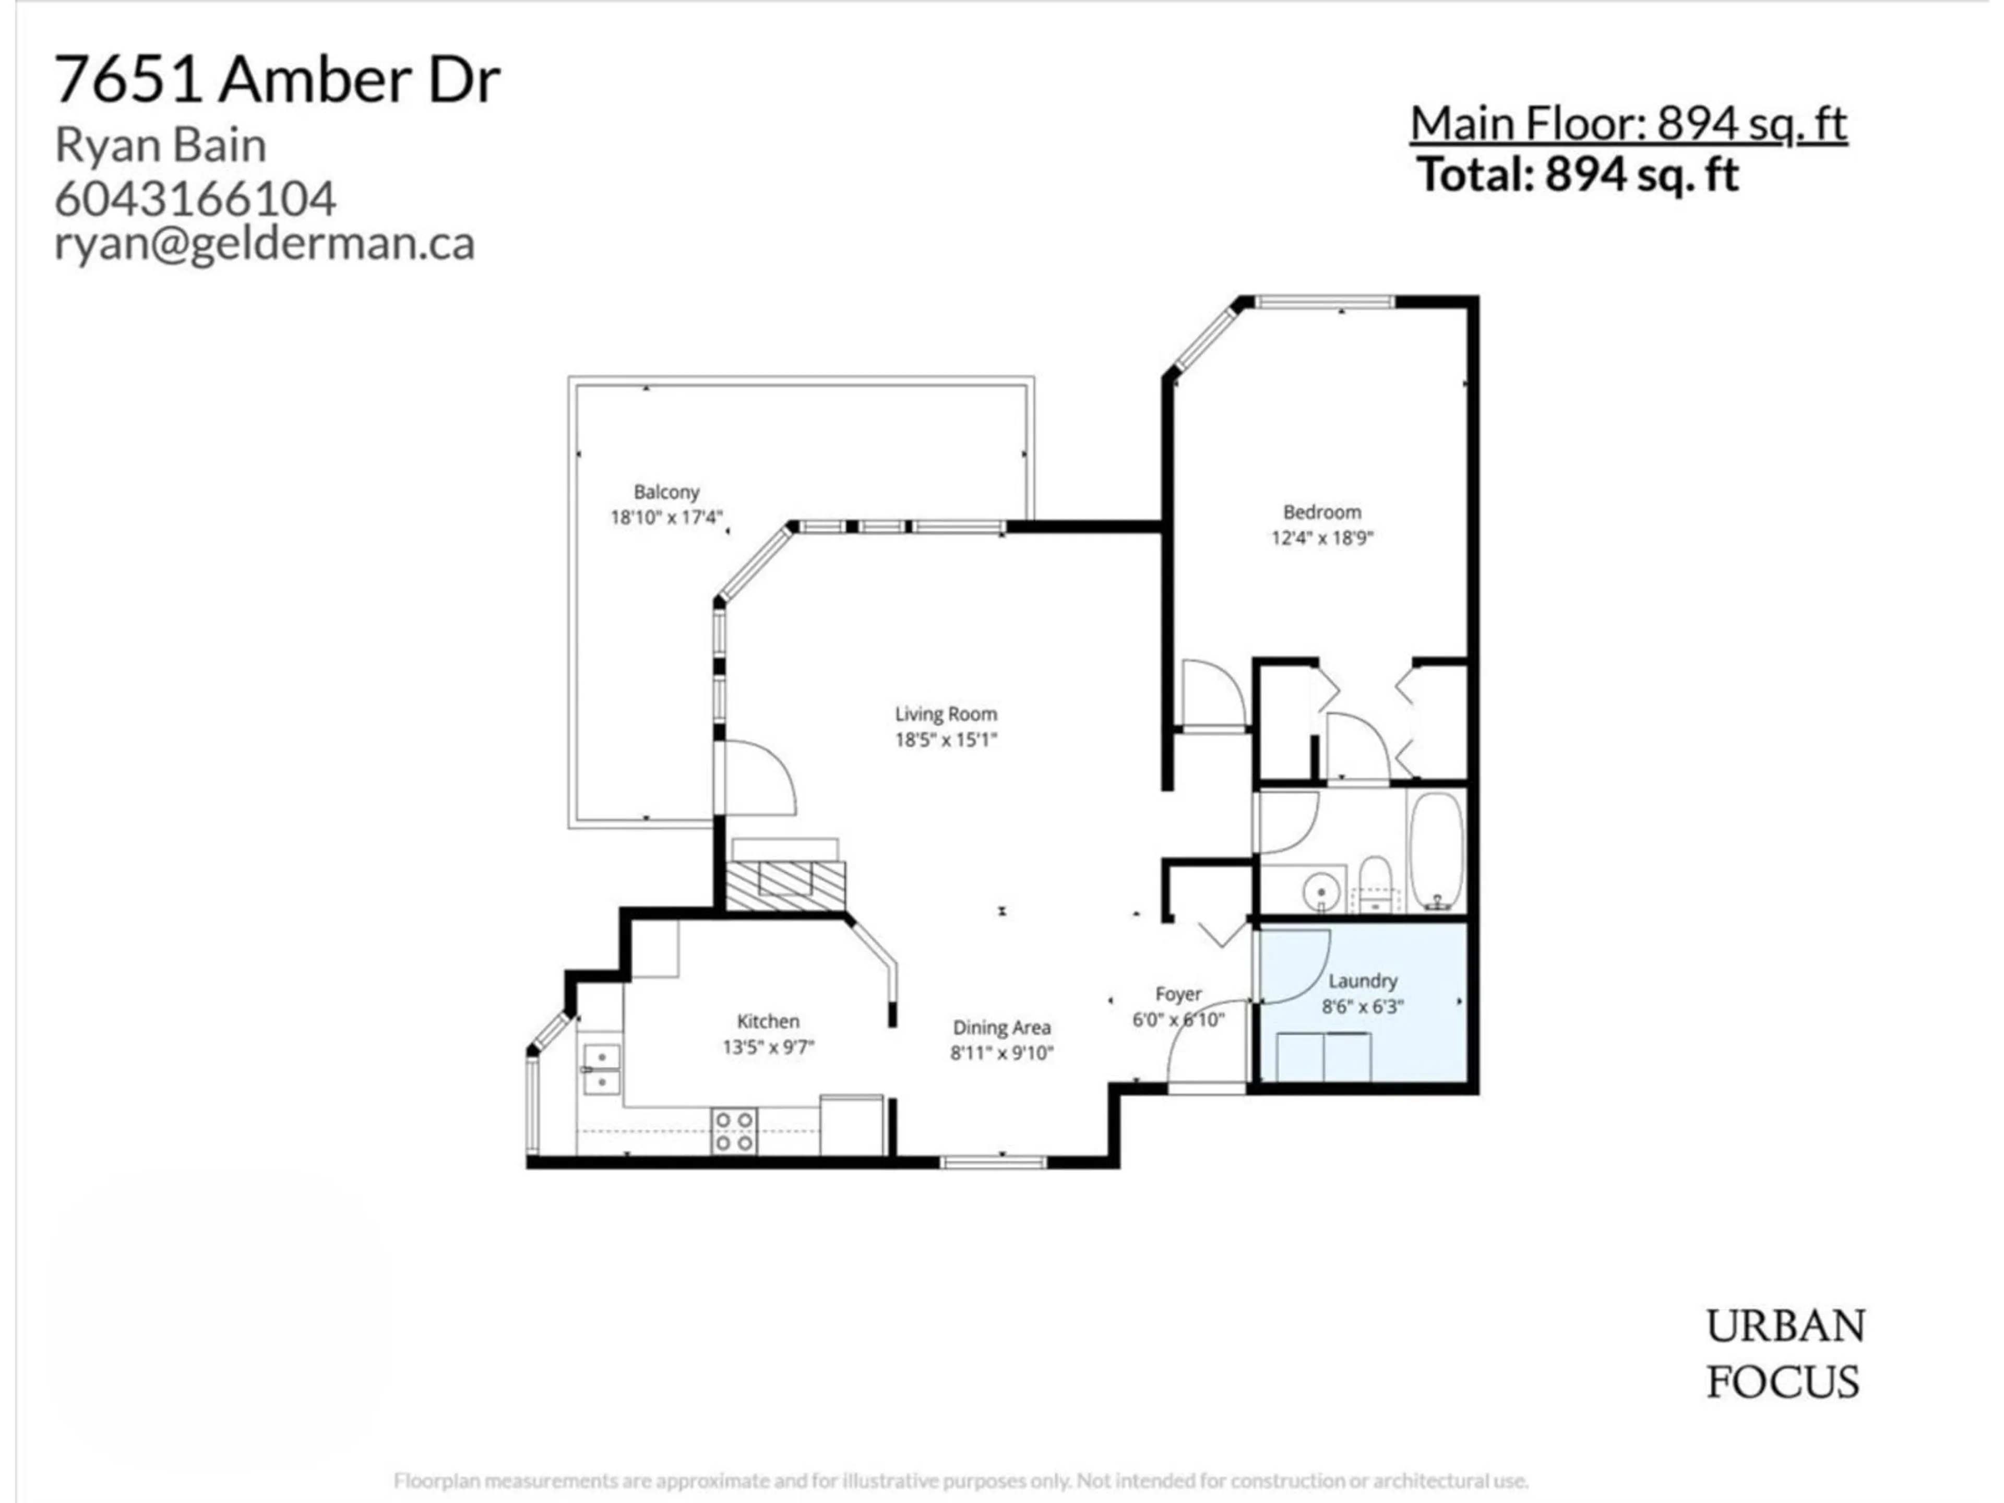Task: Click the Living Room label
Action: click(x=946, y=714)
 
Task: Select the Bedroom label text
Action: click(x=1322, y=512)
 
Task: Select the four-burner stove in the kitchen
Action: click(x=734, y=1131)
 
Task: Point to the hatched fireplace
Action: click(x=784, y=884)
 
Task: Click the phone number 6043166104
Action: click(x=196, y=198)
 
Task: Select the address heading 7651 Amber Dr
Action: click(x=277, y=80)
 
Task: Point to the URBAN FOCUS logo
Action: click(x=1785, y=1354)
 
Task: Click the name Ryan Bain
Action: click(x=161, y=145)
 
